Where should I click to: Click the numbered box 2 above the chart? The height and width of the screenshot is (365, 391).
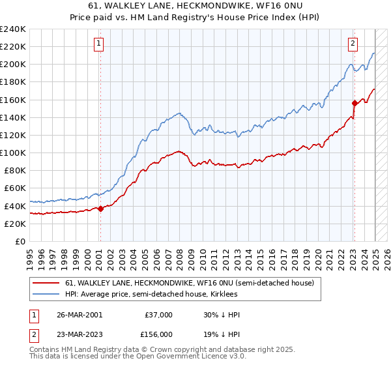pyautogui.click(x=353, y=44)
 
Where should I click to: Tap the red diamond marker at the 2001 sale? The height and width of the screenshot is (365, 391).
pyautogui.click(x=101, y=209)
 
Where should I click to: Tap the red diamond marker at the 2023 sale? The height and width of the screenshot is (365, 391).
pyautogui.click(x=355, y=103)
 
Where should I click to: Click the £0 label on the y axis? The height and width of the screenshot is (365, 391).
pyautogui.click(x=20, y=241)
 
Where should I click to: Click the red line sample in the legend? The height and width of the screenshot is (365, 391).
pyautogui.click(x=46, y=283)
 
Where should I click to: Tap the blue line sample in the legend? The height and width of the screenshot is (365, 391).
pyautogui.click(x=46, y=294)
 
